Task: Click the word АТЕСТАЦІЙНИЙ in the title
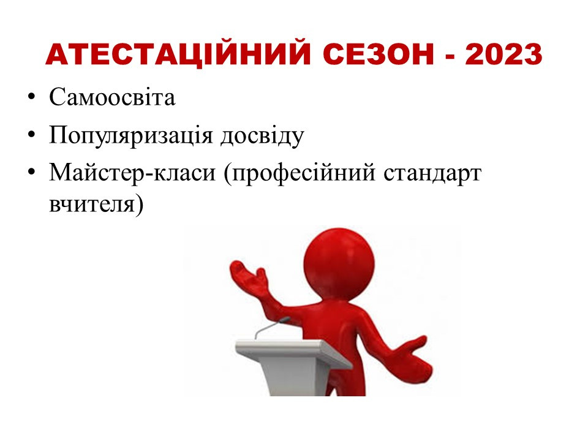(178, 55)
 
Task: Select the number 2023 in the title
(503, 55)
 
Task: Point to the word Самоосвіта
(112, 97)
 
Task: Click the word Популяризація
(131, 135)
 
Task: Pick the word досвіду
(262, 135)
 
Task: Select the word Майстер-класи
(132, 173)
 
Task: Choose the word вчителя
(92, 205)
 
